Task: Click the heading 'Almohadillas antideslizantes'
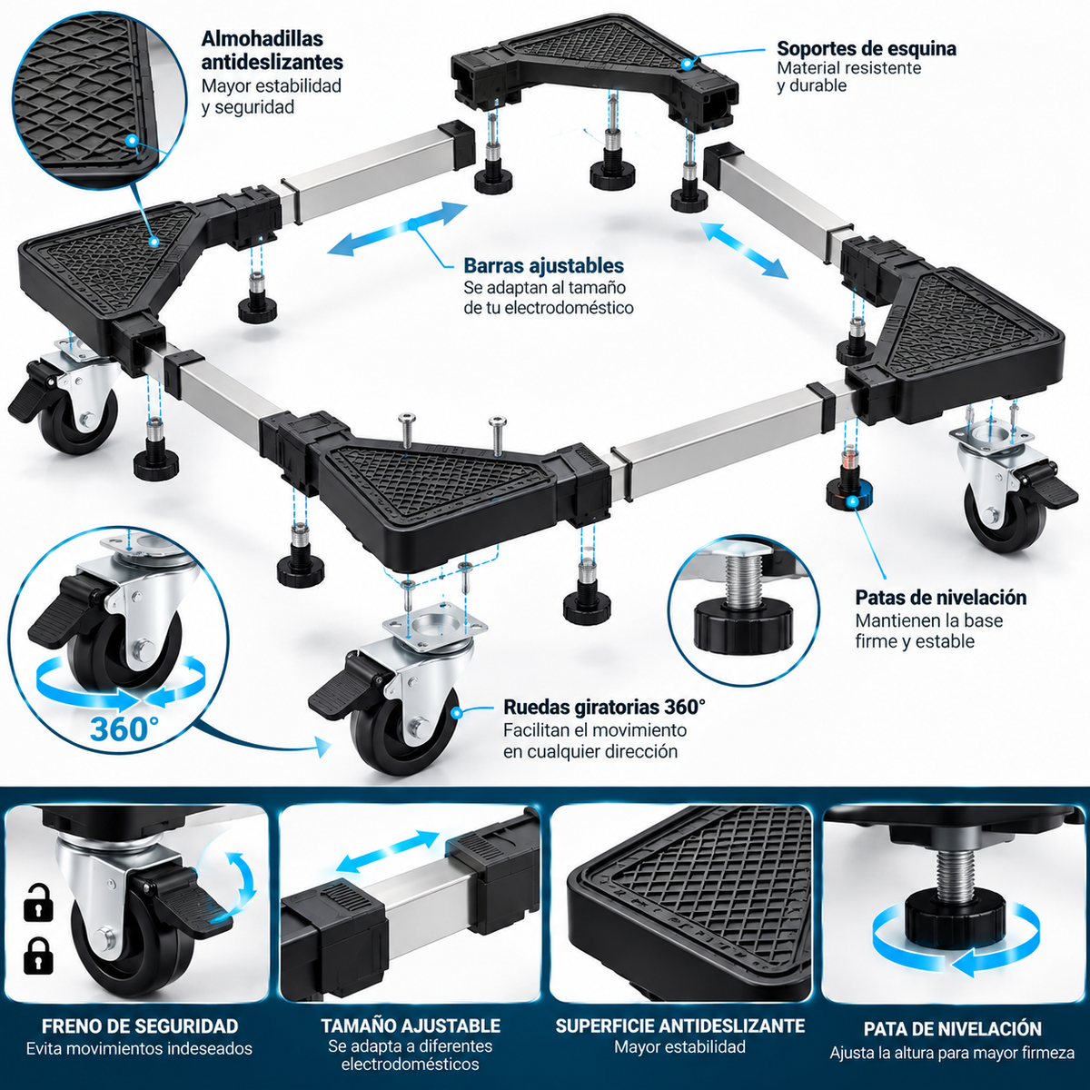(x=272, y=50)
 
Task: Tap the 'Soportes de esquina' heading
(x=867, y=49)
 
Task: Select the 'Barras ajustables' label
(x=543, y=265)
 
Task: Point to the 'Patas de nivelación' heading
(x=941, y=598)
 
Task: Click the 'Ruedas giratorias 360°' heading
(x=605, y=707)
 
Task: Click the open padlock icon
(x=38, y=901)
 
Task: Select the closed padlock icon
(x=38, y=956)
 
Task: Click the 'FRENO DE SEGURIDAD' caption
(x=140, y=1026)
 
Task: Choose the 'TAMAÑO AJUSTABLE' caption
(x=411, y=1026)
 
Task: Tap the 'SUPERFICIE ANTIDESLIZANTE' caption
(x=680, y=1026)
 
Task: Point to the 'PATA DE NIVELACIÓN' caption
(x=953, y=1028)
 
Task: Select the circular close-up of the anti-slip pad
(x=100, y=100)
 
